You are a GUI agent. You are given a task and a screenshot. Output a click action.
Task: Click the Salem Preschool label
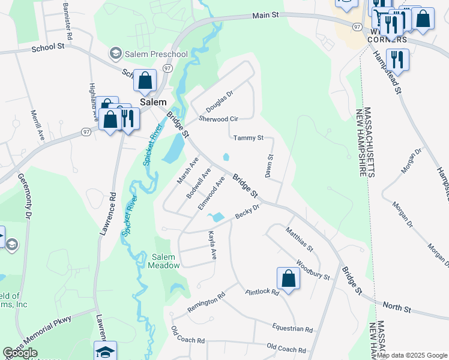pos(156,54)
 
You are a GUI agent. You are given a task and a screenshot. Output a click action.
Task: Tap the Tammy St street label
pos(249,138)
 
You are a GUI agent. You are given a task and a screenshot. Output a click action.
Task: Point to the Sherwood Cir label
pos(218,119)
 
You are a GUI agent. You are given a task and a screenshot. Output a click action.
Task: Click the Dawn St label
pos(270,166)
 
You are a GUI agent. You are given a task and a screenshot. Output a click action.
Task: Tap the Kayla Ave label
pos(212,245)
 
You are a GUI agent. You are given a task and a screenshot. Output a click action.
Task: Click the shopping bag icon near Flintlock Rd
pos(288,278)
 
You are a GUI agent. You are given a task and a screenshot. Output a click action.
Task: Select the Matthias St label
pos(300,238)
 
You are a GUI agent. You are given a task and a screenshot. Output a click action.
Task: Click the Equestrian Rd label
pos(292,329)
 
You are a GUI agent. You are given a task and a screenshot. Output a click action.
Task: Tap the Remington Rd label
pos(206,302)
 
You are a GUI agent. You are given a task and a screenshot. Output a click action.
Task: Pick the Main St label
pos(267,15)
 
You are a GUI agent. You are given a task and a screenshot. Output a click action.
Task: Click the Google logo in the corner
pos(20,353)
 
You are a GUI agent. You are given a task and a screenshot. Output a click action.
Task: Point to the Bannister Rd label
pos(68,24)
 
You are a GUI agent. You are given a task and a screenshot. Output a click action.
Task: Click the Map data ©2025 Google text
pos(412,355)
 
